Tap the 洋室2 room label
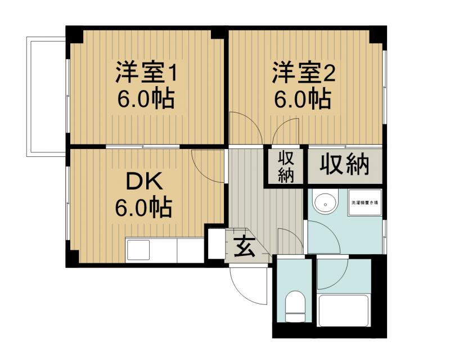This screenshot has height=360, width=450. pos(304,73)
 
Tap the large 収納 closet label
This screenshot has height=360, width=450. pos(344,164)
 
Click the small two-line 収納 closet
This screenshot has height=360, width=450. pos(286,166)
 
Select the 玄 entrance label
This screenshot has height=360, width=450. pos(242,247)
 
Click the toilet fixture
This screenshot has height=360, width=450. pos(294,307)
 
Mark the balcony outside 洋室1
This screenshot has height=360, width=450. pos(46,96)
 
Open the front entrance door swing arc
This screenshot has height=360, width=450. pos(247,284)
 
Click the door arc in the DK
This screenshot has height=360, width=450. pos(208,166)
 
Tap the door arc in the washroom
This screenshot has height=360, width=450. pos(323,236)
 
